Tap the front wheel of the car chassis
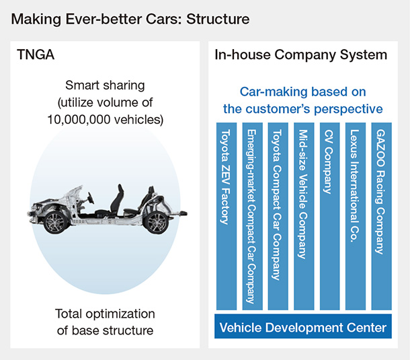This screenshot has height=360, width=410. pos(55,222)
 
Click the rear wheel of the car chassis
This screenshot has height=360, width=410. pos(159,222)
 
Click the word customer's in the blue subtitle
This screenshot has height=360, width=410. pos(298,108)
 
